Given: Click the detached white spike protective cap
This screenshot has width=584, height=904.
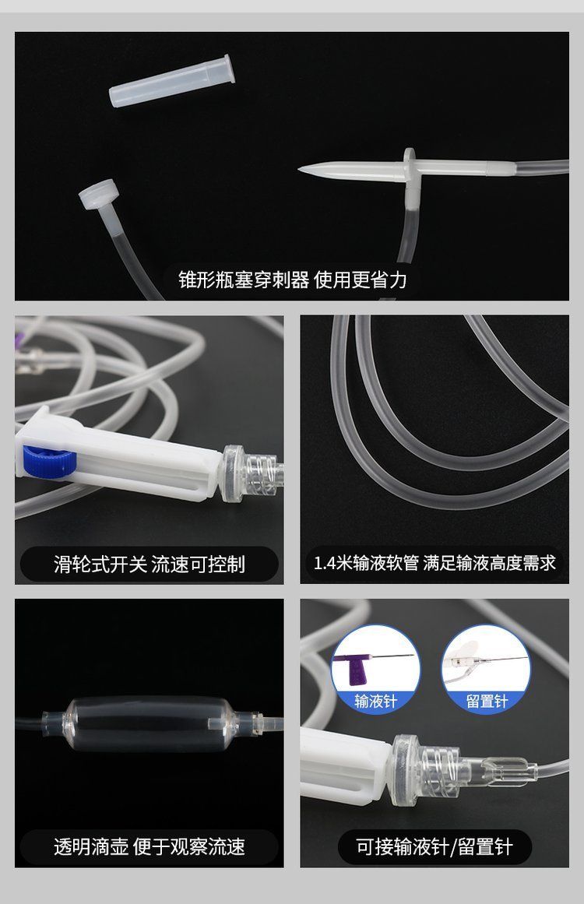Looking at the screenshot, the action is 172,80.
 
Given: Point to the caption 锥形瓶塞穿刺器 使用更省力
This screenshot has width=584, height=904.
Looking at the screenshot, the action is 292,280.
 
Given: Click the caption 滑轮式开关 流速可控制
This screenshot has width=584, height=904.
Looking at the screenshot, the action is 150,564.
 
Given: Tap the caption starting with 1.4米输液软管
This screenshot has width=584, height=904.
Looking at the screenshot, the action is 434,563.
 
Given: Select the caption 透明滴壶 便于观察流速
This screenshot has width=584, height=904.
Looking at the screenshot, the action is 150,847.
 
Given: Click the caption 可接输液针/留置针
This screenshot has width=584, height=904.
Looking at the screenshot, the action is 434,847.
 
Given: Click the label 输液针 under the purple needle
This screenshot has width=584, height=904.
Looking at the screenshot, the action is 375,701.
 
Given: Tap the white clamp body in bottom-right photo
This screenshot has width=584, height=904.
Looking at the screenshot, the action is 343,765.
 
